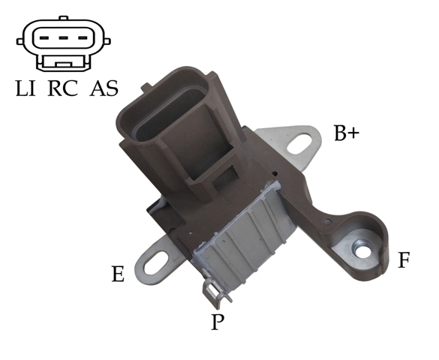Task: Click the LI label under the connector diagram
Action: (26, 88)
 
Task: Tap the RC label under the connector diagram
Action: (63, 88)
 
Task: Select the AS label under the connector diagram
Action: (104, 88)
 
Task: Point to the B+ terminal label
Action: (347, 133)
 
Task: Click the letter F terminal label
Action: (404, 260)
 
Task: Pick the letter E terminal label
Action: (118, 274)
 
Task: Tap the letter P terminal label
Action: (218, 322)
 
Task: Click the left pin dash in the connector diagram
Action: (44, 37)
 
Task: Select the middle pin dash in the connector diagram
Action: (64, 37)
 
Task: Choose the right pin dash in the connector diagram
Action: (83, 37)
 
